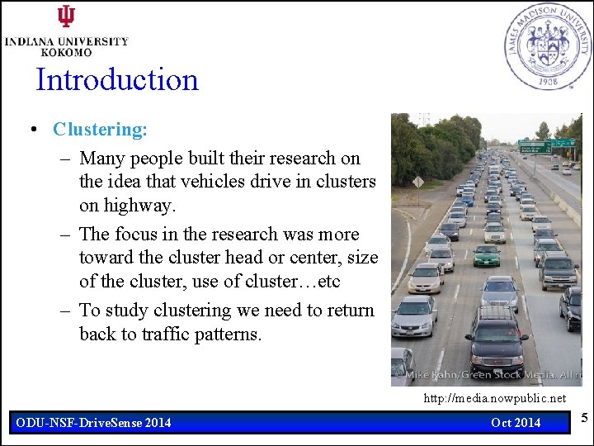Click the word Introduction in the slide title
tap(117, 80)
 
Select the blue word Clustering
tap(100, 130)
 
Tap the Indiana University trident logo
tap(66, 17)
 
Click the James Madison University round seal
tap(548, 46)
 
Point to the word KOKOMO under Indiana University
tap(67, 51)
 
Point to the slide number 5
tap(584, 420)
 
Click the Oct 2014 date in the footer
tap(516, 423)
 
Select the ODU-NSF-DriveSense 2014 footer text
tap(94, 423)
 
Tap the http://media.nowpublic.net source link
tap(494, 399)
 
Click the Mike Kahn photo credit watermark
tap(487, 375)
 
